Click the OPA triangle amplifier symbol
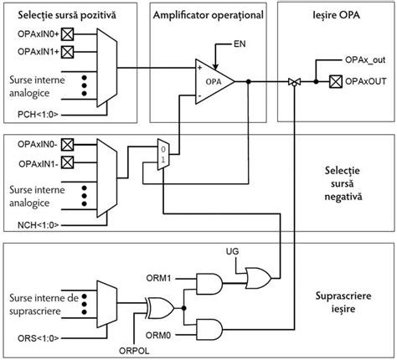click(211, 81)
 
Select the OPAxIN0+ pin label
click(35, 34)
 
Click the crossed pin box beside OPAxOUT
click(335, 81)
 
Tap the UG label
click(233, 251)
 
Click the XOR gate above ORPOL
click(160, 307)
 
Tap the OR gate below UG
click(254, 276)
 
